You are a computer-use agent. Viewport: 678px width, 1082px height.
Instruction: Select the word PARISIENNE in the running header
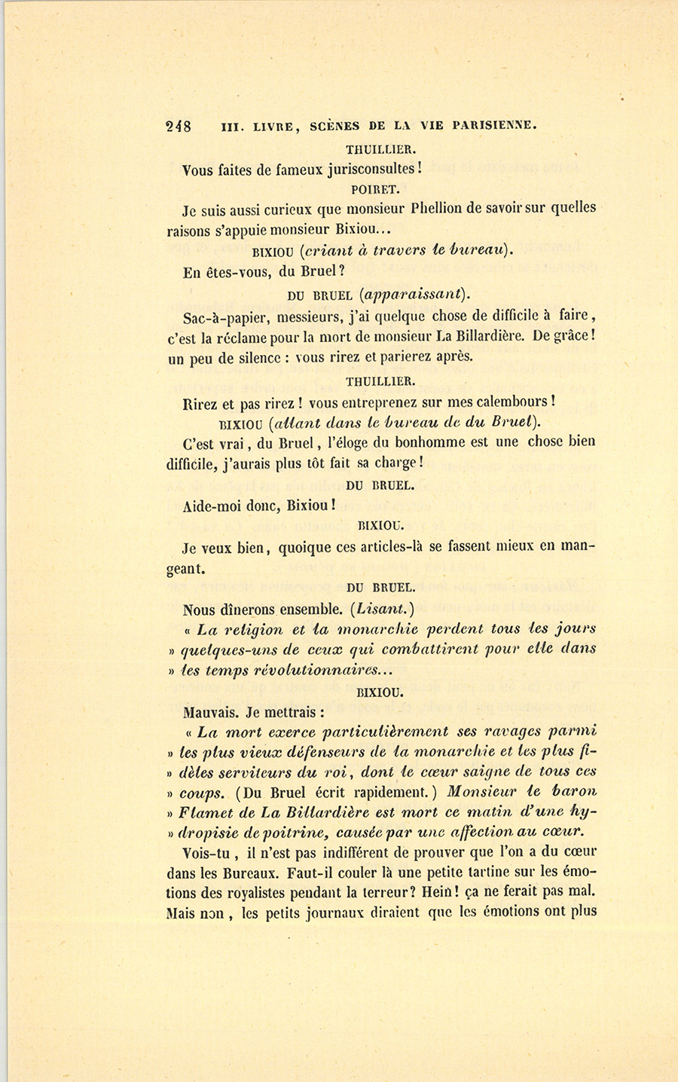(x=494, y=126)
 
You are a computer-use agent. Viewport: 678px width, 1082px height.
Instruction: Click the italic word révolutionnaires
(x=325, y=669)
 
